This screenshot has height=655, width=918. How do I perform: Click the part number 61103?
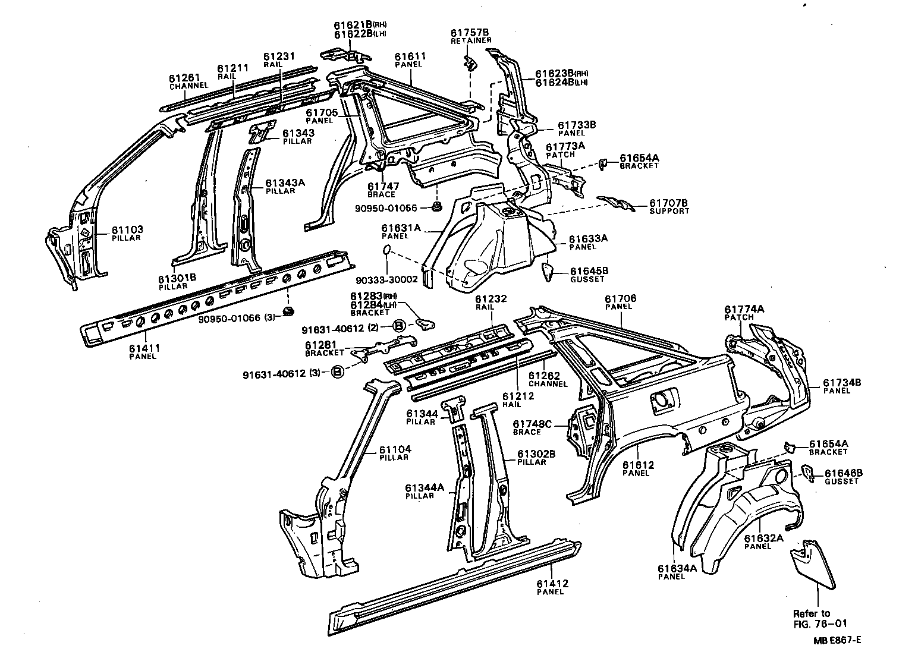[127, 230]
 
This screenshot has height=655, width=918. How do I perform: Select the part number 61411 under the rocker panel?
[143, 348]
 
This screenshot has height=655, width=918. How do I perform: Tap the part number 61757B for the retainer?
[470, 32]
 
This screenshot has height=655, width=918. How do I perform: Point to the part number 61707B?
[669, 203]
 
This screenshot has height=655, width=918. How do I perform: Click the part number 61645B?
[589, 271]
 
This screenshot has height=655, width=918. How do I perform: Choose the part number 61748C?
[533, 424]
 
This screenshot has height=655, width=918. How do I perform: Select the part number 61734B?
[842, 383]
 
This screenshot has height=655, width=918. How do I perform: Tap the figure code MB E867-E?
[838, 640]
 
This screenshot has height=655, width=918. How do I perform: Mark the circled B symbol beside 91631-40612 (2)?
[400, 325]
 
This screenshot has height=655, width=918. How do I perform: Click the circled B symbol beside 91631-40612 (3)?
[338, 373]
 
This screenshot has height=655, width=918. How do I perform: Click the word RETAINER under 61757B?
[471, 40]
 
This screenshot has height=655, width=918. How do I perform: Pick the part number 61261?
[185, 78]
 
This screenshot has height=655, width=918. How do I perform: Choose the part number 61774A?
[744, 309]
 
